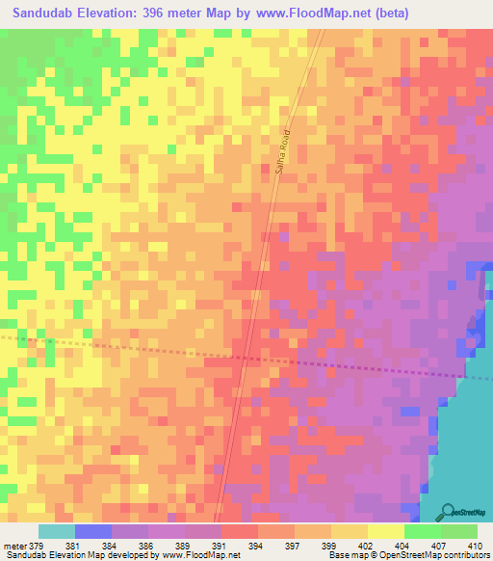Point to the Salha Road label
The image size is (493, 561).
[282, 153]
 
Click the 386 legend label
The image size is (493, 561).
[130, 545]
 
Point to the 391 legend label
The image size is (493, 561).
[202, 545]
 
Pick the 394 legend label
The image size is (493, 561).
[240, 545]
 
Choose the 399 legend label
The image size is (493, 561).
[312, 545]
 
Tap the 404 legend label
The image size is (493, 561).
[385, 545]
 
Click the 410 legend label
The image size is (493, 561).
[458, 545]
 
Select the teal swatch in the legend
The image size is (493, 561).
[56, 531]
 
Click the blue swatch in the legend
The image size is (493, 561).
[93, 531]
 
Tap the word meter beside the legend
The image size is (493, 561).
[15, 545]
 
